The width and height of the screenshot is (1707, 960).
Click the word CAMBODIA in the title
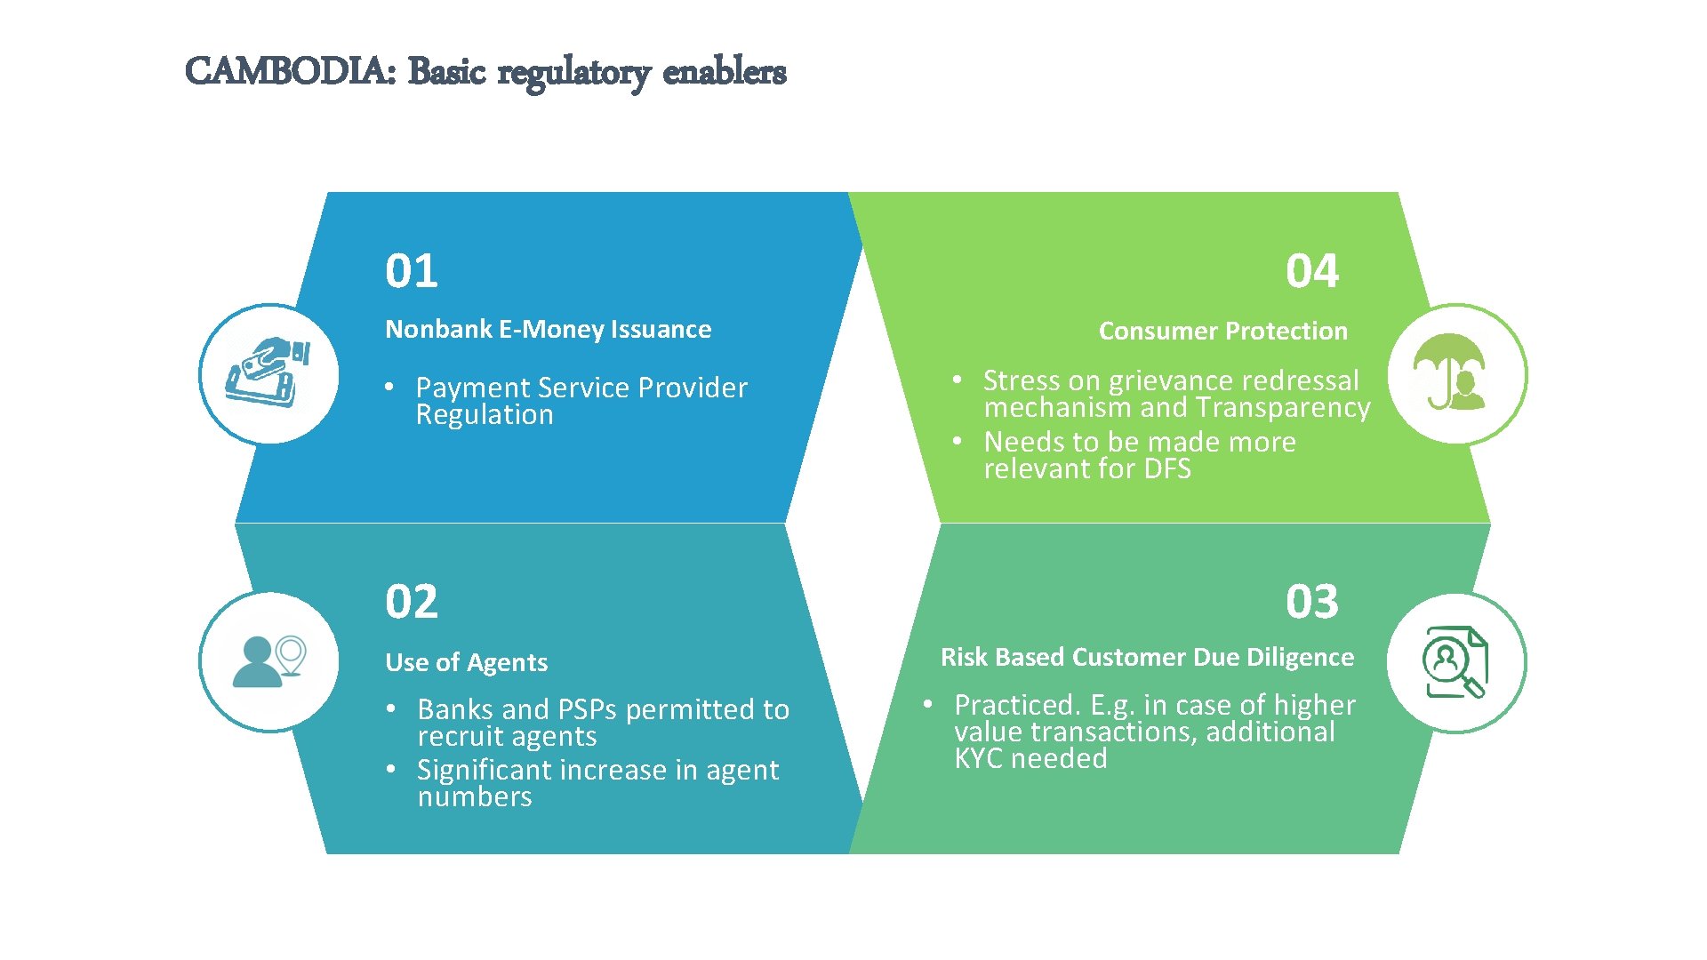(x=290, y=71)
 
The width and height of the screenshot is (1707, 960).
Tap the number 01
(x=412, y=271)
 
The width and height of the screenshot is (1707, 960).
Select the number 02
(x=412, y=602)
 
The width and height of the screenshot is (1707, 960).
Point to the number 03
(x=1311, y=602)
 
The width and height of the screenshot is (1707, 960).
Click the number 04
(x=1311, y=271)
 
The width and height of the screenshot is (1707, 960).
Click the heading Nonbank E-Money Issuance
(x=548, y=330)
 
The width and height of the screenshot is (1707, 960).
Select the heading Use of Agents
(x=466, y=662)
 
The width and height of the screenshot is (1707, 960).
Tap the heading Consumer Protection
(x=1222, y=331)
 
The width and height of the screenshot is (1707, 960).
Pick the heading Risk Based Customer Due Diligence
(x=1147, y=657)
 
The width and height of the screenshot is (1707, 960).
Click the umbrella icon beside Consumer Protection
(x=1450, y=372)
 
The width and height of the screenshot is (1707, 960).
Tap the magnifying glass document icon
(x=1455, y=662)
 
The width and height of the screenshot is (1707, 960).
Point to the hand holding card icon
(x=268, y=373)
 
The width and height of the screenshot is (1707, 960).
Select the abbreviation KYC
(x=979, y=758)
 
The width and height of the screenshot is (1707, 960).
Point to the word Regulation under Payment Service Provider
(x=485, y=415)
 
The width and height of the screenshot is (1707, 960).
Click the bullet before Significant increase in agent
(x=390, y=770)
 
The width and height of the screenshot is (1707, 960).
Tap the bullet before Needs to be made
(x=958, y=442)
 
